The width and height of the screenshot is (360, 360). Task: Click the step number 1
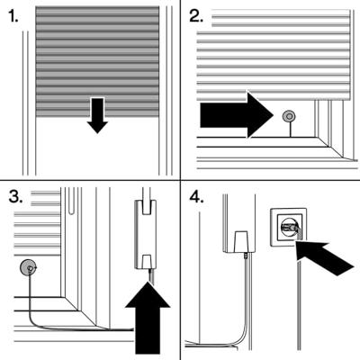[13, 16]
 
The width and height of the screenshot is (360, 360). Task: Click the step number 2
[196, 16]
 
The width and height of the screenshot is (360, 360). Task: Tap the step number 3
[15, 196]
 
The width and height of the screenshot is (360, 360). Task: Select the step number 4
[196, 197]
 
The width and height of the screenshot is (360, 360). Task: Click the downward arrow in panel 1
[97, 115]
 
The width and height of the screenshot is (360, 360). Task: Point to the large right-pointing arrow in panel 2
[237, 115]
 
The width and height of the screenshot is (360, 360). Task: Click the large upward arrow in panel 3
[148, 319]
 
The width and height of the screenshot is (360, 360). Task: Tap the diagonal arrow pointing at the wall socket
[324, 257]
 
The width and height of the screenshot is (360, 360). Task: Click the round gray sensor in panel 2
[290, 116]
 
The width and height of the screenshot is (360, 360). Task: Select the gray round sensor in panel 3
[28, 267]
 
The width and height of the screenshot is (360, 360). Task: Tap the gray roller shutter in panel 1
[97, 61]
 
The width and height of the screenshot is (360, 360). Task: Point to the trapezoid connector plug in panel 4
[241, 241]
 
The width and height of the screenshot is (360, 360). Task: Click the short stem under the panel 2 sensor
[290, 130]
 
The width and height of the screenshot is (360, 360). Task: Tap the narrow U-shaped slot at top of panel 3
[71, 201]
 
